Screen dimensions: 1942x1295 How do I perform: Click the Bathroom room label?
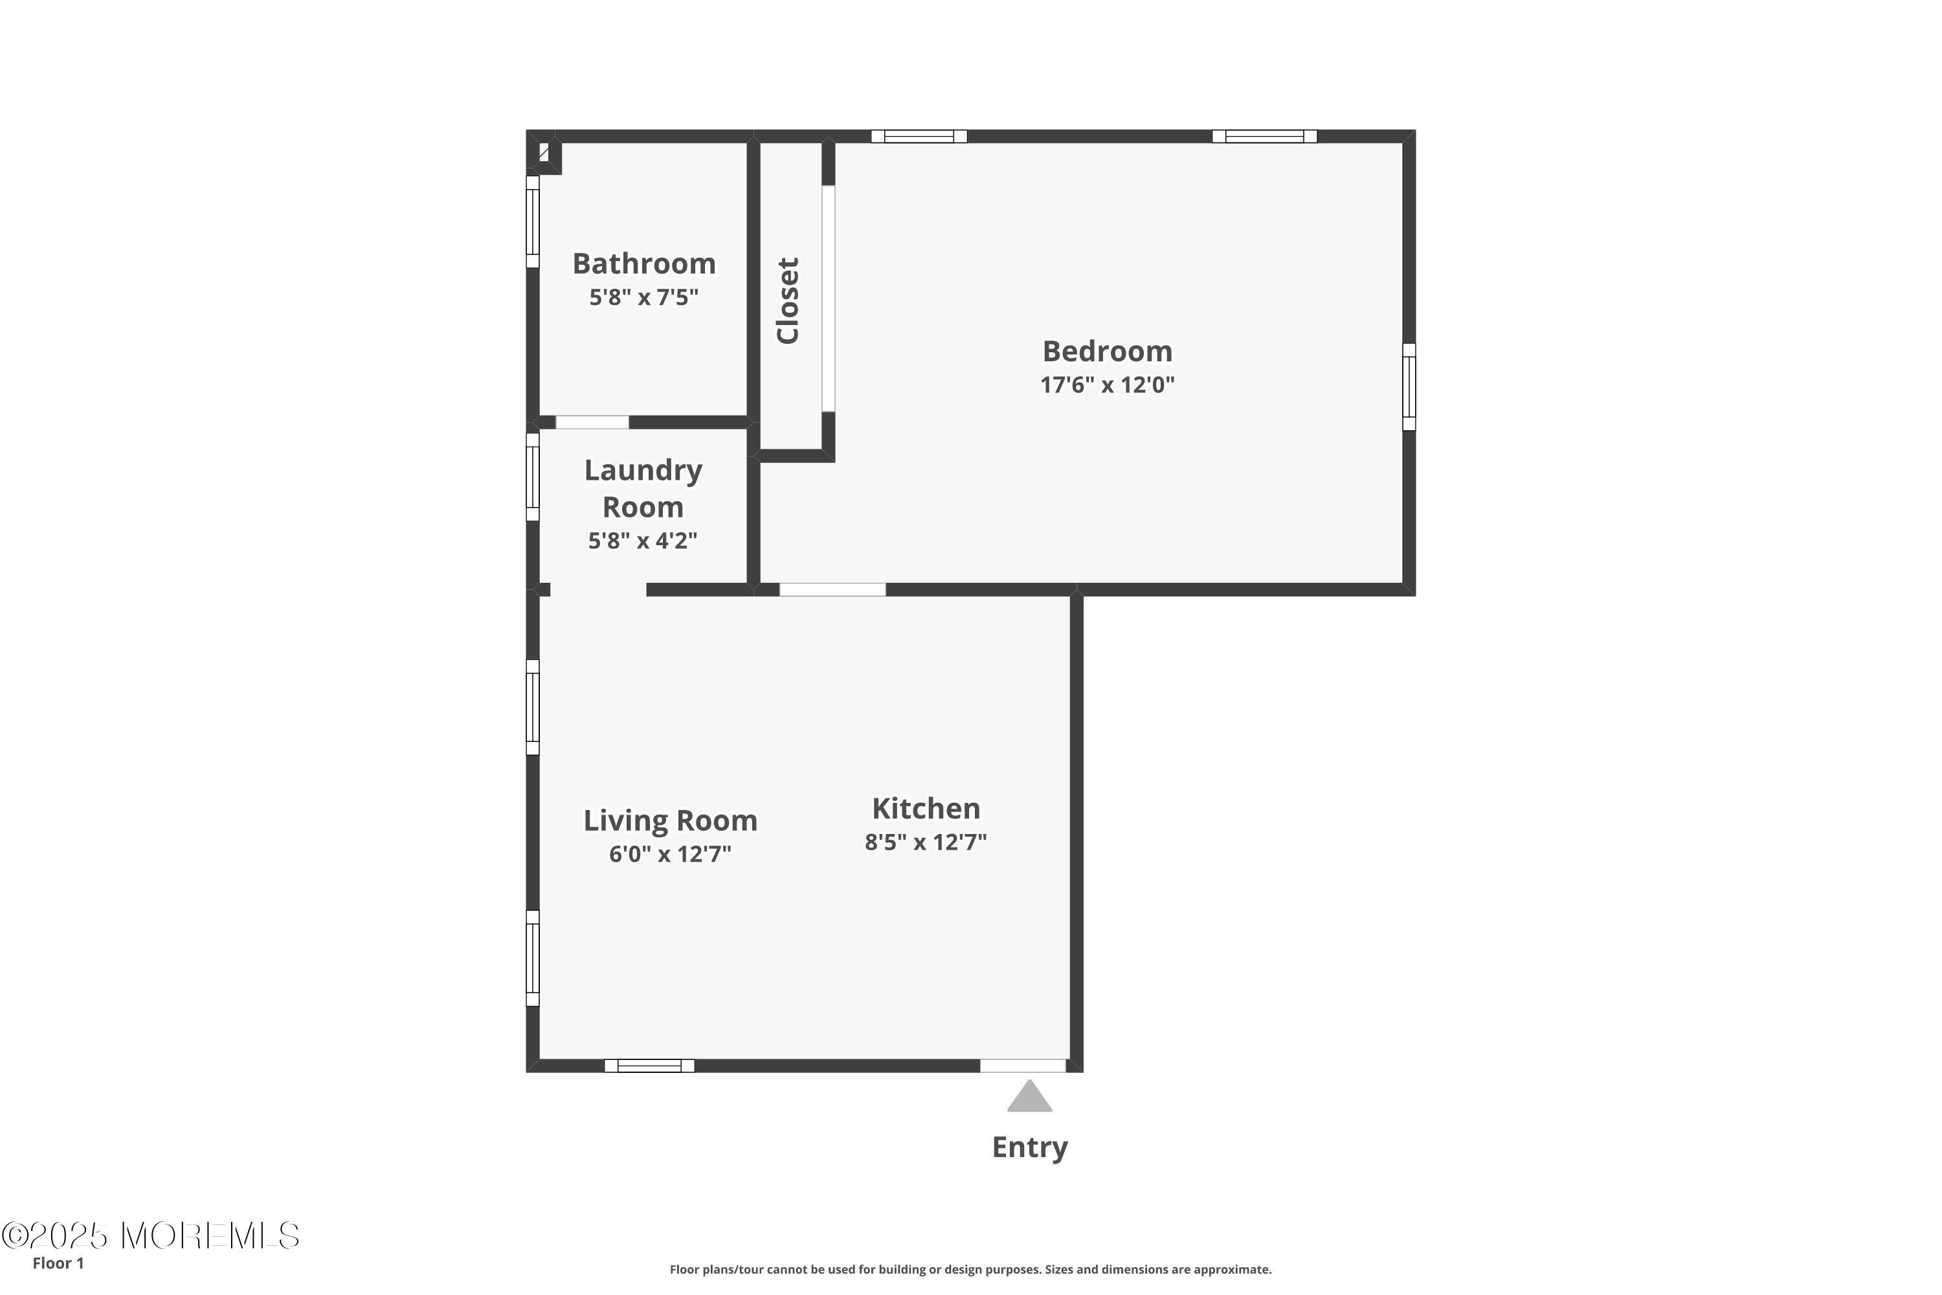coord(644,264)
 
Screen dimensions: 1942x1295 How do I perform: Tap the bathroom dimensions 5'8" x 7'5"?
coord(644,297)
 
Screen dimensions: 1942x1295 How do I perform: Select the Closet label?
coord(788,300)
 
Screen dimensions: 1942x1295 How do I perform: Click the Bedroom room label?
coord(1107,352)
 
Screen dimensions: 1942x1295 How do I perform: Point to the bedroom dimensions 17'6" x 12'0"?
coord(1107,385)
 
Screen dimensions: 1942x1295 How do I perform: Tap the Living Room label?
coord(671,820)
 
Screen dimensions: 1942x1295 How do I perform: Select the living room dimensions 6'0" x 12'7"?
coord(671,854)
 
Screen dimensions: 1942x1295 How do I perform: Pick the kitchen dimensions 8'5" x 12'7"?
coord(926,842)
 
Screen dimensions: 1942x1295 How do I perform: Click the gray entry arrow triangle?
coord(1030,1098)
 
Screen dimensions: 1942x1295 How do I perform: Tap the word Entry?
coord(1030,1147)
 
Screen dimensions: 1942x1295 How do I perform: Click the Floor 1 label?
coord(58,1263)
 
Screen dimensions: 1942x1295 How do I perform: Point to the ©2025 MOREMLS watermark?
coord(150,1236)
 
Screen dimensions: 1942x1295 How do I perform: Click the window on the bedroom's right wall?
coord(1409,387)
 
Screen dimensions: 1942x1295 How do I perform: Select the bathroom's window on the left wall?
coord(533,221)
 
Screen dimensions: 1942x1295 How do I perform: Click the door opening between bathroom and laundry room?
coord(592,422)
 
